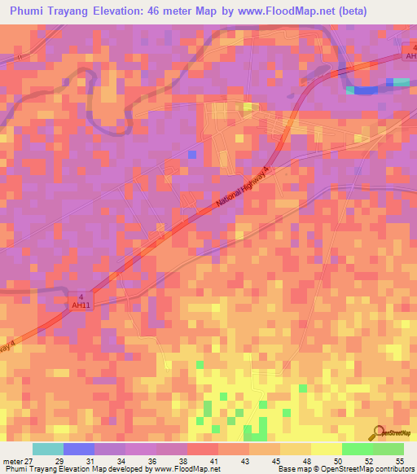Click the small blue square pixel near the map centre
point(192,153)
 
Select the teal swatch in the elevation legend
point(48,449)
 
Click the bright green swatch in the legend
point(357,449)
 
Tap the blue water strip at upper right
point(365,90)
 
